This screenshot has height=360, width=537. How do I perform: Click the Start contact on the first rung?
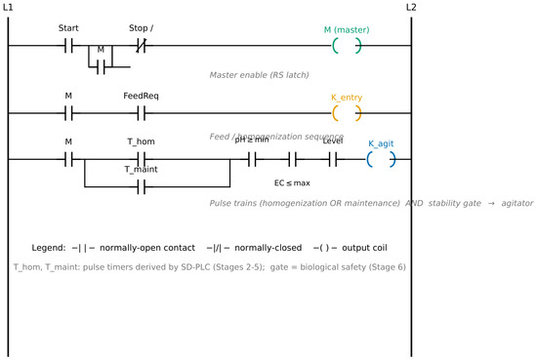[x=68, y=45]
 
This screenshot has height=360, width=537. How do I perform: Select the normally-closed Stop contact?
[x=142, y=45]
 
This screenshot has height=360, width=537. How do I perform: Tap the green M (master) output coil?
[x=347, y=45]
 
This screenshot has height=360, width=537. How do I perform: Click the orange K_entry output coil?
[x=347, y=113]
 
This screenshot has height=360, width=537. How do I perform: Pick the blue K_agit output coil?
[x=381, y=159]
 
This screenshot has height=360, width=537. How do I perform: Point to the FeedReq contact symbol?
[x=142, y=113]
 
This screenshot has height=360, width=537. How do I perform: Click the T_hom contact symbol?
[x=142, y=159]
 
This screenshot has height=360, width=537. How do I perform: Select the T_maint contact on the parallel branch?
[x=142, y=187]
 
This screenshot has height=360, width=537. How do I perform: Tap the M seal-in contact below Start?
[x=101, y=67]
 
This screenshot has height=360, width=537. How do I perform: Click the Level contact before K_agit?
[x=333, y=159]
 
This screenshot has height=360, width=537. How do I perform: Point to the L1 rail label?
[x=8, y=7]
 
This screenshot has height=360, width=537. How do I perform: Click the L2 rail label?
[x=411, y=7]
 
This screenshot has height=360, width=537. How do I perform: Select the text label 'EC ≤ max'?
[x=292, y=183]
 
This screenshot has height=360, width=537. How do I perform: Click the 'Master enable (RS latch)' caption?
[x=259, y=75]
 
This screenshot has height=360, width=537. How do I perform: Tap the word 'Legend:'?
[x=48, y=248]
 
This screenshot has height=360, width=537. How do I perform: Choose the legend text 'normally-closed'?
[x=268, y=248]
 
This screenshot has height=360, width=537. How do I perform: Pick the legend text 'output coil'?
[x=364, y=248]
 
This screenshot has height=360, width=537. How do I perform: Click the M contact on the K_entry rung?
[x=68, y=113]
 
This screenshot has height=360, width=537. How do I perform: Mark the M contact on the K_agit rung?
[x=68, y=159]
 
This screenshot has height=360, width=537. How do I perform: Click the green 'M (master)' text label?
[x=347, y=30]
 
